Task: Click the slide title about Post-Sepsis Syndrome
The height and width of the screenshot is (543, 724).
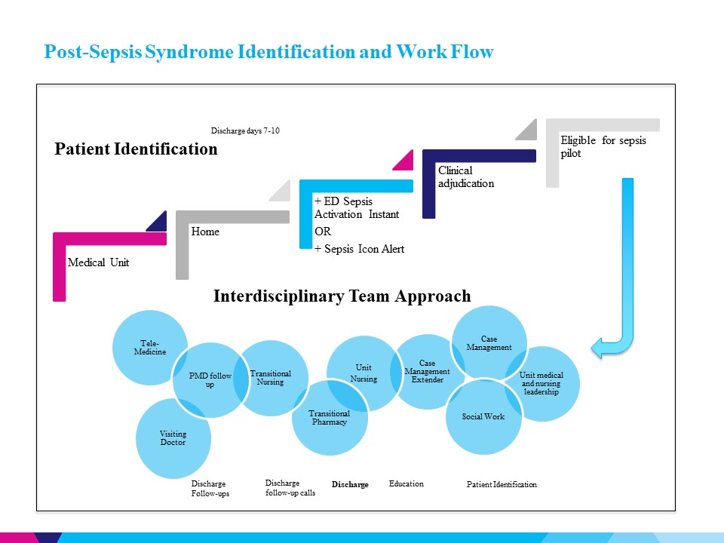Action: coord(268,52)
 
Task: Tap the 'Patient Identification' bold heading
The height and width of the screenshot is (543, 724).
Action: coord(136,149)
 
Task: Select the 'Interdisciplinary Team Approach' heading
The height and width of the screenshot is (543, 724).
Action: coord(342,296)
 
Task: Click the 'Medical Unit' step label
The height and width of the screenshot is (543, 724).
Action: coord(98,263)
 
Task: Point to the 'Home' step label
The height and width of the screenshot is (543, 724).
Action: coord(205,232)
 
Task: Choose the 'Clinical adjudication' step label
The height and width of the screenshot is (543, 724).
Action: coord(466,176)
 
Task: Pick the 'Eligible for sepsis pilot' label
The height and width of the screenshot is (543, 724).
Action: coord(603,147)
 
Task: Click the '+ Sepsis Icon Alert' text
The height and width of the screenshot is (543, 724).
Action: coord(359,249)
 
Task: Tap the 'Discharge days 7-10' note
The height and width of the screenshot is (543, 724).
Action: coord(245,131)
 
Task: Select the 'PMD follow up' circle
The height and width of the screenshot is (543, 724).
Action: coord(210,379)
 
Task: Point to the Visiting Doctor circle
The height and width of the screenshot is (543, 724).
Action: coord(173,438)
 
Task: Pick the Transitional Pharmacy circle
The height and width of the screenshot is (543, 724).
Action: coord(330,418)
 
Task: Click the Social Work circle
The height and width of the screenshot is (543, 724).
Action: coord(483,416)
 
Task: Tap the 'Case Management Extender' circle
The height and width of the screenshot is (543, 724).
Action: coord(427,371)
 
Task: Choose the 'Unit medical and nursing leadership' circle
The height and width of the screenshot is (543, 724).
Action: coord(542,383)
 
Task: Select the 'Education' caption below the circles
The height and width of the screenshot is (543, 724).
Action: coord(406,483)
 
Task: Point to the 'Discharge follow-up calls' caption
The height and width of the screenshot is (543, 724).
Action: coord(290,488)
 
